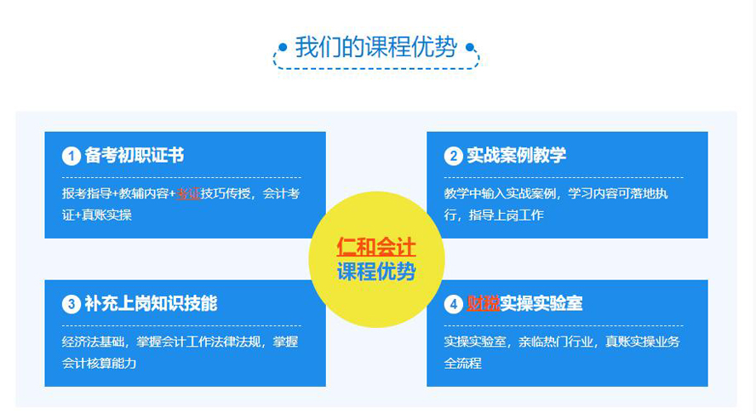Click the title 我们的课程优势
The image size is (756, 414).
click(376, 48)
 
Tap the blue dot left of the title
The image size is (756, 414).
click(283, 48)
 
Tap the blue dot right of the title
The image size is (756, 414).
click(470, 48)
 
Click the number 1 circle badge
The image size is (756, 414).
click(72, 156)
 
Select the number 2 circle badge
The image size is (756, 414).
click(453, 156)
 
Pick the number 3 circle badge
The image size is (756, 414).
click(72, 304)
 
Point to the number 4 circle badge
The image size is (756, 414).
click(453, 304)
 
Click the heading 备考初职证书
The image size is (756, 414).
click(135, 155)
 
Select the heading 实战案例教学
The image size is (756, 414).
click(517, 155)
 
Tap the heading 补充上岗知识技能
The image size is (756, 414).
click(151, 303)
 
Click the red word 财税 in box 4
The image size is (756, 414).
click(483, 303)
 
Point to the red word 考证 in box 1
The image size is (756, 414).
click(188, 193)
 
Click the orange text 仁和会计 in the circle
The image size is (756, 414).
click(376, 246)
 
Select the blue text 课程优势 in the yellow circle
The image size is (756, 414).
click(376, 272)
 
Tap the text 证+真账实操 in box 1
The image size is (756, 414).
click(97, 215)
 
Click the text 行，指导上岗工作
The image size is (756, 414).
click(494, 215)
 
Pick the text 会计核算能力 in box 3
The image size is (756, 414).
click(100, 363)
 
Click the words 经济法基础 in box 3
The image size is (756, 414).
click(93, 342)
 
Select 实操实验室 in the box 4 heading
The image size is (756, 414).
click(541, 303)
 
